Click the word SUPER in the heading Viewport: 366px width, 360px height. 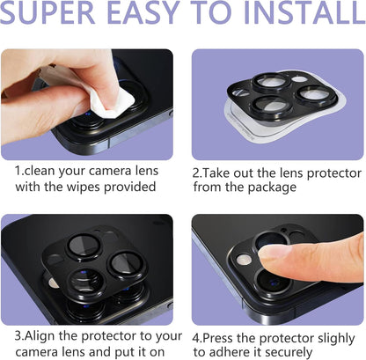click(x=53, y=16)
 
